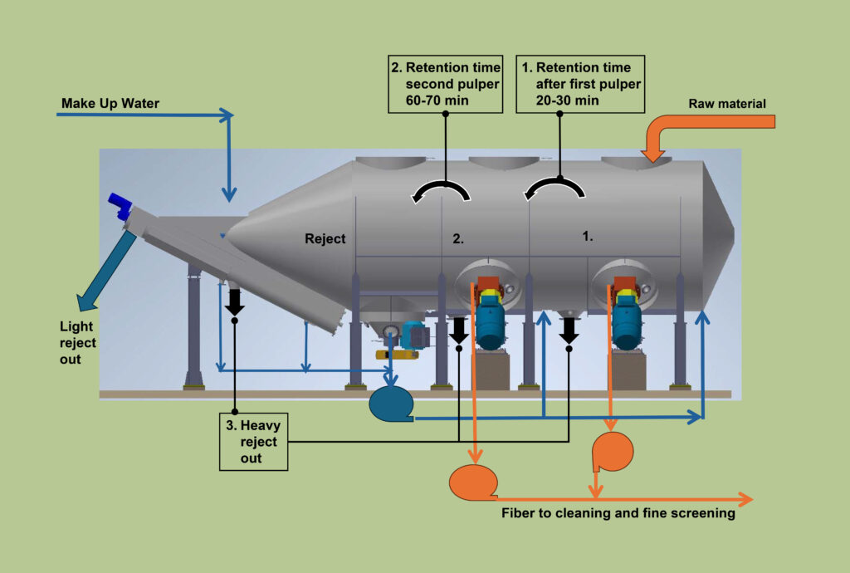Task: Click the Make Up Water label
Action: [110, 104]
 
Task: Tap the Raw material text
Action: [726, 104]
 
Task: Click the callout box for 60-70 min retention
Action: [446, 83]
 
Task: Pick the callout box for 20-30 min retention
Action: [580, 83]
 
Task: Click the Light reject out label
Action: [77, 342]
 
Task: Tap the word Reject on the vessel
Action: [325, 239]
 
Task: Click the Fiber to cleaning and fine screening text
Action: [618, 513]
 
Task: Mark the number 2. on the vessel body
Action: [458, 238]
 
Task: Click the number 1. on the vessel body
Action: [588, 236]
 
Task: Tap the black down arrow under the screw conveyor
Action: [234, 301]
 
